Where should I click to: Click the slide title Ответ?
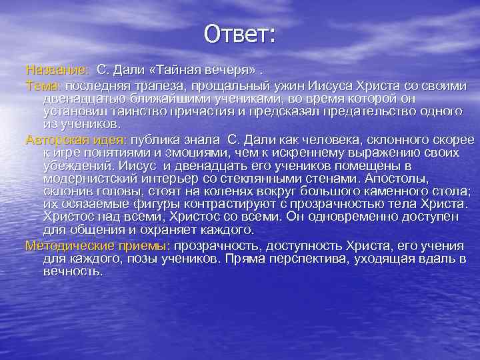239,34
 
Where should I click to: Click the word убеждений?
75,166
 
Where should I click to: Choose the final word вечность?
72,271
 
